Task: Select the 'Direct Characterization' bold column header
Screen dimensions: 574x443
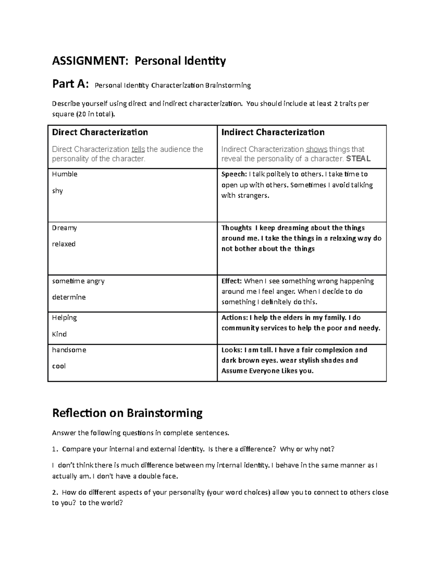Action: [x=100, y=132]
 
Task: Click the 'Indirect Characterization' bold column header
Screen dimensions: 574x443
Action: [x=272, y=132]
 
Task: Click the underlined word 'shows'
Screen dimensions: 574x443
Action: [x=316, y=149]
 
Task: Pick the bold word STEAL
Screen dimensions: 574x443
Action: [x=358, y=159]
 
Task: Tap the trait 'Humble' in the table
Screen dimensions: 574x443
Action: [x=65, y=174]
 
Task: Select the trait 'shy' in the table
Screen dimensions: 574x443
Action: [x=57, y=191]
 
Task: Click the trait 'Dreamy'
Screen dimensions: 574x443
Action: [x=64, y=228]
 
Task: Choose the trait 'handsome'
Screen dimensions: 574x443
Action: [x=69, y=350]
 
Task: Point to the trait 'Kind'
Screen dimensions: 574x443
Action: [x=59, y=334]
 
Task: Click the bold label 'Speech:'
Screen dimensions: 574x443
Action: [x=234, y=174]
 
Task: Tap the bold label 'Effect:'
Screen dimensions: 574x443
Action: [x=231, y=281]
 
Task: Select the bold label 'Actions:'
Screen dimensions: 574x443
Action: [x=234, y=317]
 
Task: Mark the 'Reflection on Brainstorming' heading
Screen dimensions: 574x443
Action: [x=127, y=413]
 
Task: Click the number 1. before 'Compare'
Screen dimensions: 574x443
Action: [x=55, y=449]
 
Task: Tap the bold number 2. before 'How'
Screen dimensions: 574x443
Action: [x=55, y=492]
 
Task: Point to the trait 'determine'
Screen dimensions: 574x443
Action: [x=69, y=297]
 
